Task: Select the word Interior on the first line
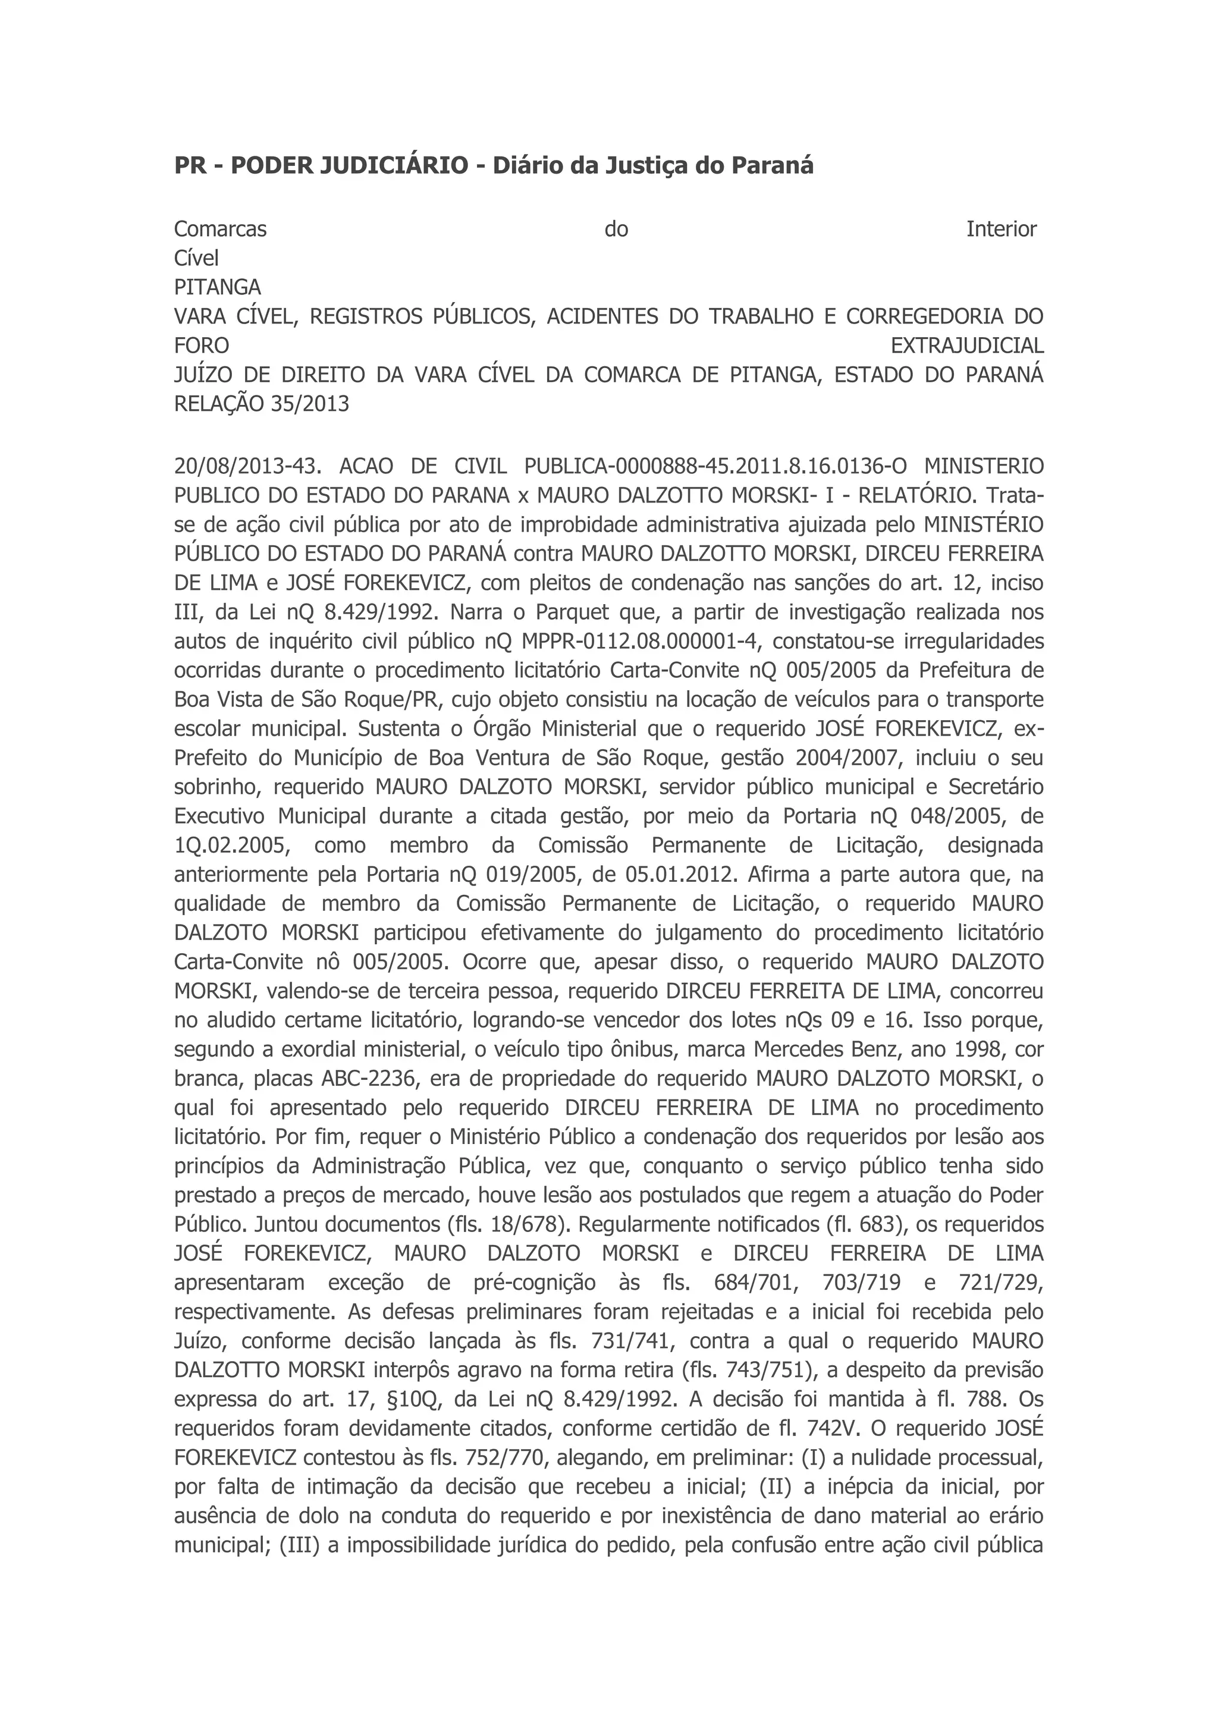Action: click(1002, 229)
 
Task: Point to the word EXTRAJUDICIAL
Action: click(967, 345)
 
